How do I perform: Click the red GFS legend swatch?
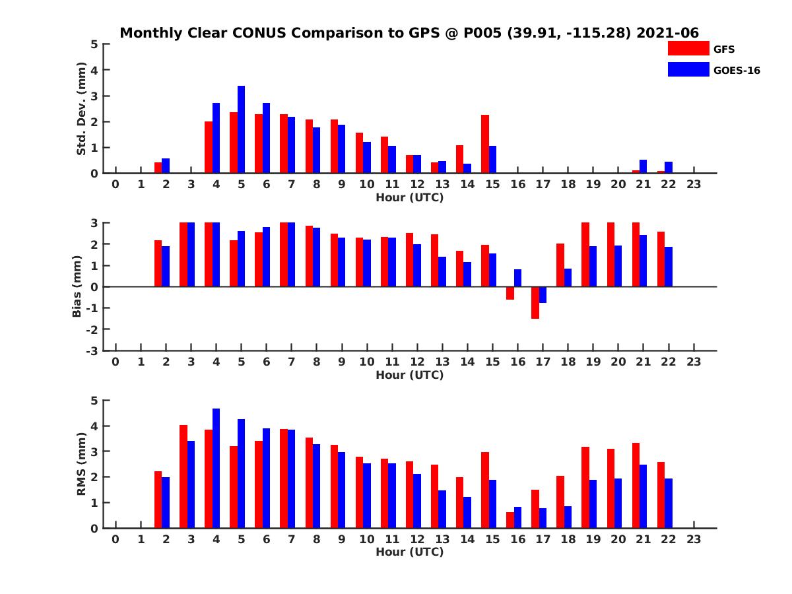pos(688,48)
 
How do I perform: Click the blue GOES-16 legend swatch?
pos(688,69)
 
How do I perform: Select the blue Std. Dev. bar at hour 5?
pos(241,129)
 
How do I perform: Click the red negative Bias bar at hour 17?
pos(535,302)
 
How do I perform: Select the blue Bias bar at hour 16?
pos(518,278)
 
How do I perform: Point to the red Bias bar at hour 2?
pos(158,263)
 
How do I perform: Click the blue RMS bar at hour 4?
pos(216,468)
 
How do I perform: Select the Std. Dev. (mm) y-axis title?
pos(82,109)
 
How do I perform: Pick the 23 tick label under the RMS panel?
pos(694,539)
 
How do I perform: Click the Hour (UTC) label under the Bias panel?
pos(409,375)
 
